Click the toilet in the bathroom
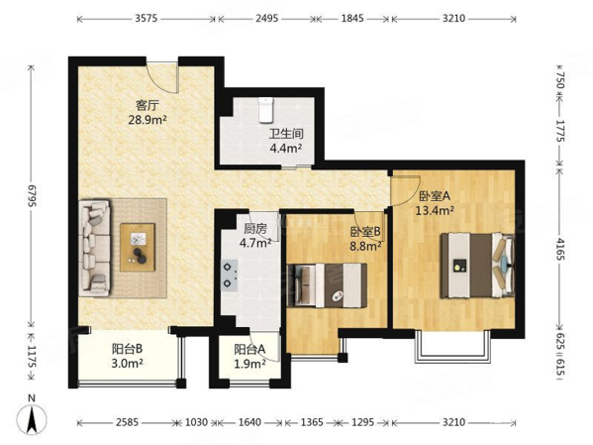tap(266, 110)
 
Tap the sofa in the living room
tap(94, 248)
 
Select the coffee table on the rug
tap(138, 247)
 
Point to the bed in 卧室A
tap(477, 265)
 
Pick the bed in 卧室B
tap(327, 284)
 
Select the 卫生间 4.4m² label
tap(286, 141)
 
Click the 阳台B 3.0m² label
tap(127, 356)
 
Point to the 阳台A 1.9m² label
tap(249, 356)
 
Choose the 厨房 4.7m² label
tap(255, 236)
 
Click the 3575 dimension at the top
tap(147, 18)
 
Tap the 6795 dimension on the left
tap(31, 196)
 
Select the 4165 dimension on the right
tap(560, 249)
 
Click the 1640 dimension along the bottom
tap(249, 422)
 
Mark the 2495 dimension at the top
tap(267, 18)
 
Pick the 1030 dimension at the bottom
tap(197, 422)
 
